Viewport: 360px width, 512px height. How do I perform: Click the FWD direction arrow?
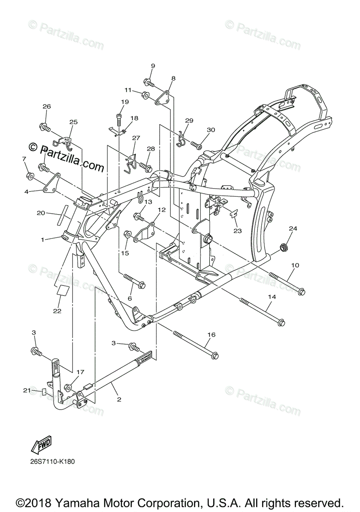(41, 446)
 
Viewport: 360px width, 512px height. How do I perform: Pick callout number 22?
(57, 311)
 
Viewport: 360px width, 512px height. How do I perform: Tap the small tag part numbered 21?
(43, 393)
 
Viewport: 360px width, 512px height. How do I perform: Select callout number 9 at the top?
(152, 66)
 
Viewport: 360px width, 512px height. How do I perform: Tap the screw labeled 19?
(119, 118)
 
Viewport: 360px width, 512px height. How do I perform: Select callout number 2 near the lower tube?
(119, 399)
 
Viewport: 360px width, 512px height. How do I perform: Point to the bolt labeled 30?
(197, 146)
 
